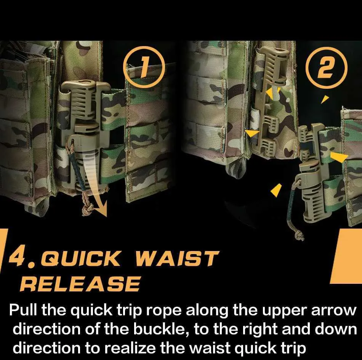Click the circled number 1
(x=144, y=67)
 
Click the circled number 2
(x=326, y=68)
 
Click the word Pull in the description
(x=24, y=310)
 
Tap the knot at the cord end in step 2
(x=300, y=235)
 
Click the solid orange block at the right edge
(x=346, y=256)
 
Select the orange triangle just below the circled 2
(x=325, y=99)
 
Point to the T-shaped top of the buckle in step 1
(x=86, y=85)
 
